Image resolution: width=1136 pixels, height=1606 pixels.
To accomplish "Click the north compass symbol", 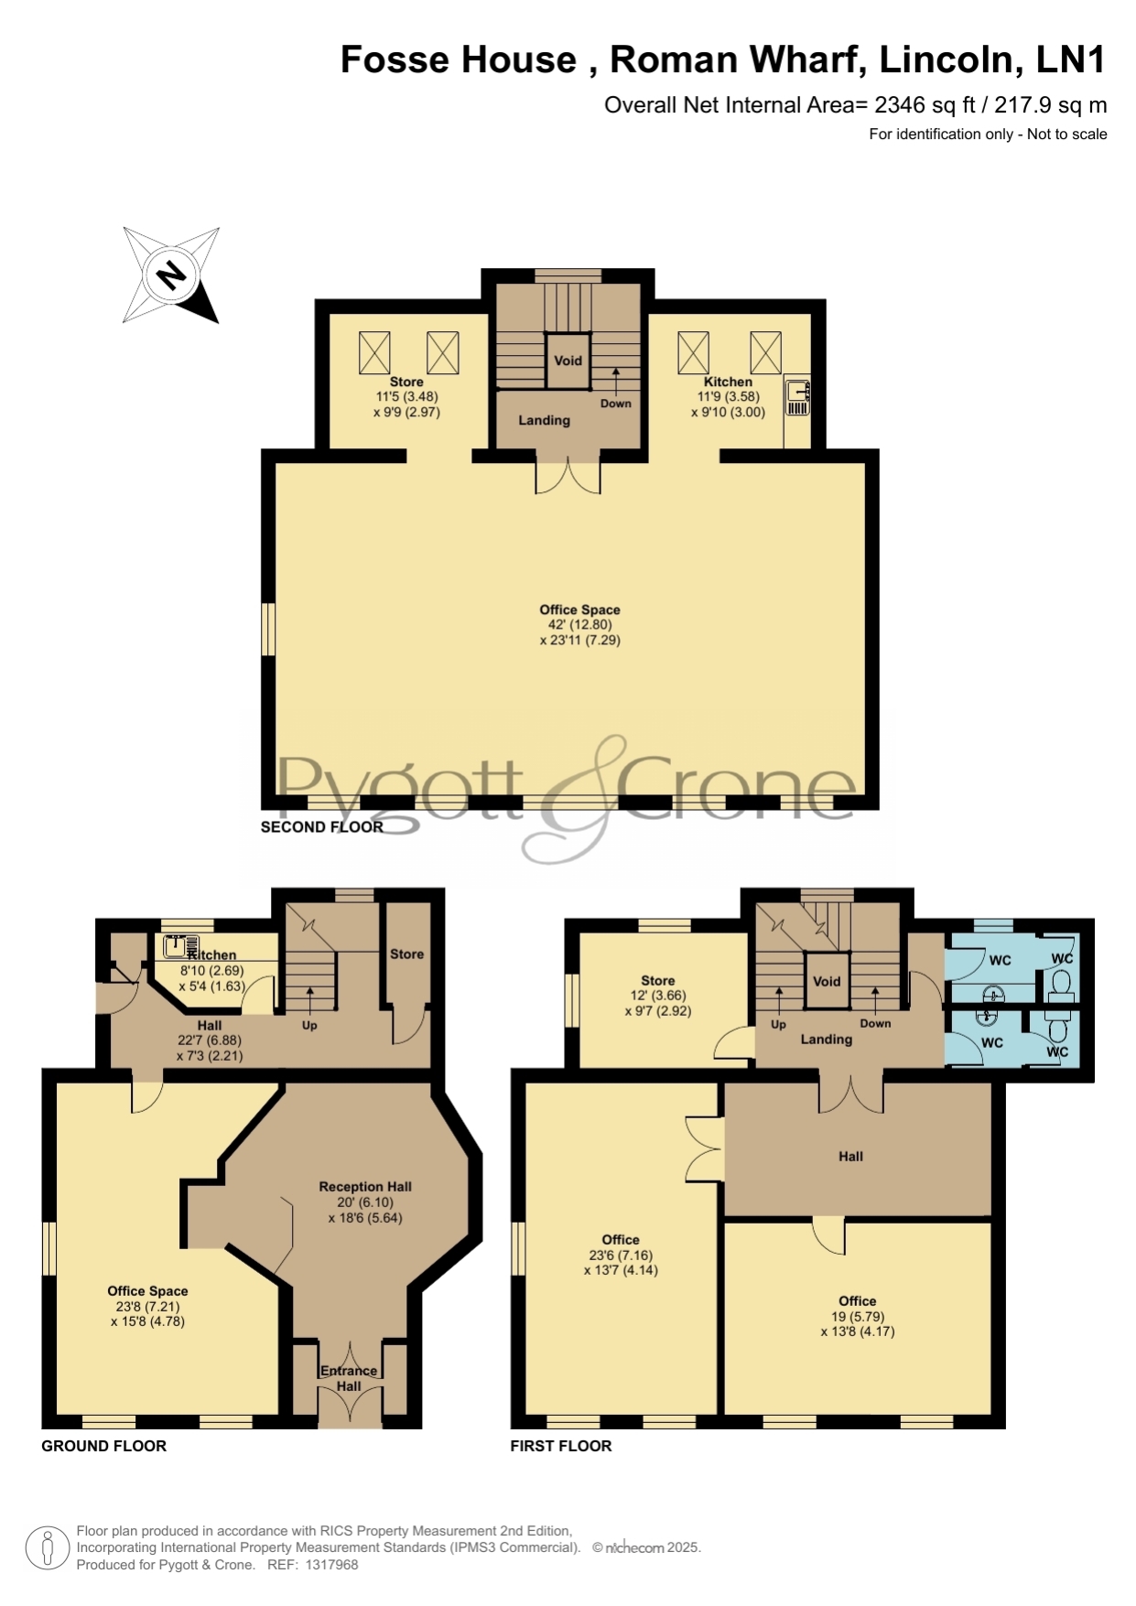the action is pos(171,275).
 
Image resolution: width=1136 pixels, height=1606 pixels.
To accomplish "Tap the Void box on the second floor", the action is pos(568,361).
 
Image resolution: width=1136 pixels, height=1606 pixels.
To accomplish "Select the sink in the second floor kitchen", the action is pos(797,396).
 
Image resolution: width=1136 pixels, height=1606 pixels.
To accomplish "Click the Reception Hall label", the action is pos(365,1187).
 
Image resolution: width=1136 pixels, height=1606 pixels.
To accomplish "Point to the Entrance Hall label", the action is pos(349,1378).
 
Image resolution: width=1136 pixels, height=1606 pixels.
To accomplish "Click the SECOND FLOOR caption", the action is pos(322,827).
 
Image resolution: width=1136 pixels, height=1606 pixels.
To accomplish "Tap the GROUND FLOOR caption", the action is pos(104,1446).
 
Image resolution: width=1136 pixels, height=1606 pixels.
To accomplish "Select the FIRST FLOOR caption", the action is pos(561,1446).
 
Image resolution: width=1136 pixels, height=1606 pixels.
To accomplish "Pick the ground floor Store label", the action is pos(407,954).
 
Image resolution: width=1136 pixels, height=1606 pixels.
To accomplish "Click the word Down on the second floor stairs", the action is pos(616,404).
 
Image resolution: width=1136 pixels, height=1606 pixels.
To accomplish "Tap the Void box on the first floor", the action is pos(827,981).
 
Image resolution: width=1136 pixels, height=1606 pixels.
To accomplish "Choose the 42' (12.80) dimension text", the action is pos(580,625).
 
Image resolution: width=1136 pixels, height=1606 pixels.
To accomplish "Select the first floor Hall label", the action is pos(851,1157).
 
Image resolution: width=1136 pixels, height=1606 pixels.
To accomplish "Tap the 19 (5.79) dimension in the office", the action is pos(858,1317).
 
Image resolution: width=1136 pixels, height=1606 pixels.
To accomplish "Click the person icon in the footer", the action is pos(48,1548).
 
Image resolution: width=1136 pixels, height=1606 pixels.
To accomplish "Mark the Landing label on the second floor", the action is pos(545,421).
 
